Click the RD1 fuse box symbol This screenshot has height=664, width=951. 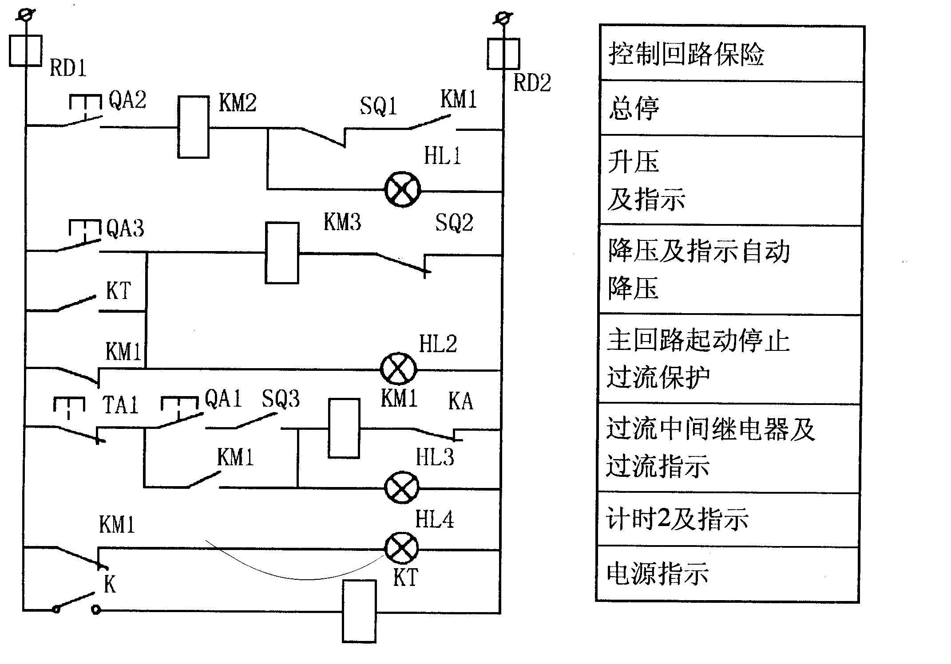(26, 51)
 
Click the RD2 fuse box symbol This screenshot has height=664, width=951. (503, 54)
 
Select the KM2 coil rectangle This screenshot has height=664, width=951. (194, 127)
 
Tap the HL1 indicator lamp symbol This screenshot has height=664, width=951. (402, 190)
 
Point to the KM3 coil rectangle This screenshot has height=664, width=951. (282, 253)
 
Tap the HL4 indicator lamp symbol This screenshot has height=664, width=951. (401, 548)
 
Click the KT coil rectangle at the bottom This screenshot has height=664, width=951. (359, 611)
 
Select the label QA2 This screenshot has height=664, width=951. (127, 100)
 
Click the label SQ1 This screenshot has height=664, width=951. (378, 106)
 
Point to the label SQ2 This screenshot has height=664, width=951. (454, 223)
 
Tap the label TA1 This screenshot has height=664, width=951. (120, 405)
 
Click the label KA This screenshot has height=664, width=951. (460, 401)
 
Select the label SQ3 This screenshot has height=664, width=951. (281, 399)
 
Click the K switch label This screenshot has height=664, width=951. (110, 585)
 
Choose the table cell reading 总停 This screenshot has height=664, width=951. (731, 109)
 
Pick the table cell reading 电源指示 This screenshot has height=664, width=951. (728, 574)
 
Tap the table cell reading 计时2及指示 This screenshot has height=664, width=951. (728, 519)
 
